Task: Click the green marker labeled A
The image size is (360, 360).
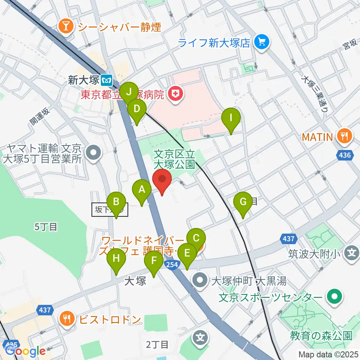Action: coord(142,190)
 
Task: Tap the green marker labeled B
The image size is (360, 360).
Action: coord(116,204)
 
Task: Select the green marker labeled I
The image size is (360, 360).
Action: coord(231,120)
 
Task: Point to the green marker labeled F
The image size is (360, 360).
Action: coord(153,261)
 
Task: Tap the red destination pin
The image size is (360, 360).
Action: coord(162,179)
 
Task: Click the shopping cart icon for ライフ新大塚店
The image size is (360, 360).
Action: coord(261,42)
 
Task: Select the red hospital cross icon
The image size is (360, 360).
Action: coord(174,94)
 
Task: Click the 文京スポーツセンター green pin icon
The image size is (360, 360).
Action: coord(333,297)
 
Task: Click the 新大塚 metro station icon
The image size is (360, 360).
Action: coord(108,79)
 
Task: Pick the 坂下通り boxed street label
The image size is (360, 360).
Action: coord(110,210)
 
